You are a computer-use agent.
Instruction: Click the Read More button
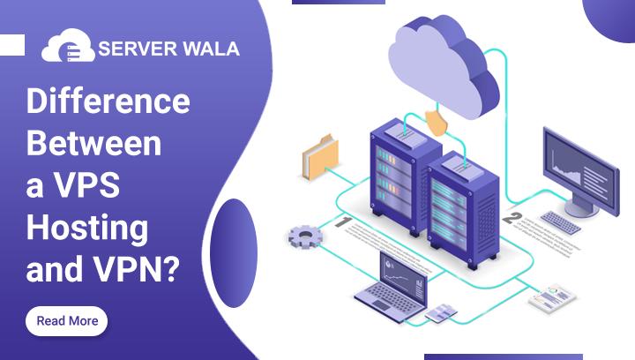(x=67, y=321)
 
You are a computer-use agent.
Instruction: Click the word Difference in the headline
(x=108, y=101)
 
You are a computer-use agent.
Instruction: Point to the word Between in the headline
(x=93, y=143)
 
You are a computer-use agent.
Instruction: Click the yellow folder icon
(x=319, y=155)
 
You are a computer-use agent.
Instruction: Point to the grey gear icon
(x=305, y=236)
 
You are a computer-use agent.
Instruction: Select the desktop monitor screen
(x=579, y=165)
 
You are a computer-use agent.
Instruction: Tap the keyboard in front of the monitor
(x=561, y=222)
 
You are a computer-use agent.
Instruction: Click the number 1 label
(x=343, y=222)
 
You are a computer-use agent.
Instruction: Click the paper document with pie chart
(x=551, y=297)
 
